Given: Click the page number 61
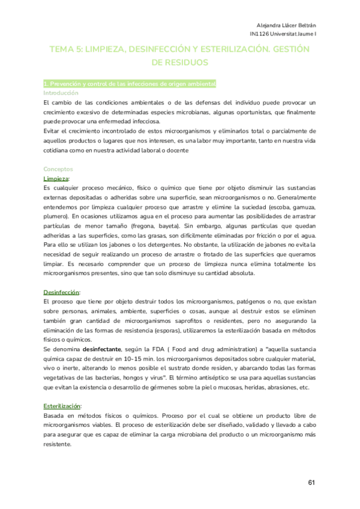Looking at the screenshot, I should pos(311,483).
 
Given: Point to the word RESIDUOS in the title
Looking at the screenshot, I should pos(180,62).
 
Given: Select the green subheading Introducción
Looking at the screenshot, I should pos(61,93).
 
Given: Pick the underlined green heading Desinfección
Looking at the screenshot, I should pos(61,291).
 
